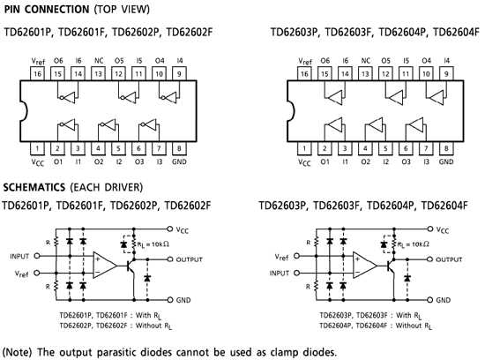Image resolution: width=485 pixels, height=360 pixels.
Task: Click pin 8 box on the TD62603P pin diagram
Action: point(445,148)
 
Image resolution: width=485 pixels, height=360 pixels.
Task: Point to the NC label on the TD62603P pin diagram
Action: point(365,61)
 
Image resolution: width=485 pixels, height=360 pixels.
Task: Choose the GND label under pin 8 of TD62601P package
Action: point(180,162)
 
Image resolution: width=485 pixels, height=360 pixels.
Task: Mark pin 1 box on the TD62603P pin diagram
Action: point(304,148)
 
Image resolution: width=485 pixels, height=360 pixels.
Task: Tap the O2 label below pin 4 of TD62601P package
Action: point(99,162)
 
